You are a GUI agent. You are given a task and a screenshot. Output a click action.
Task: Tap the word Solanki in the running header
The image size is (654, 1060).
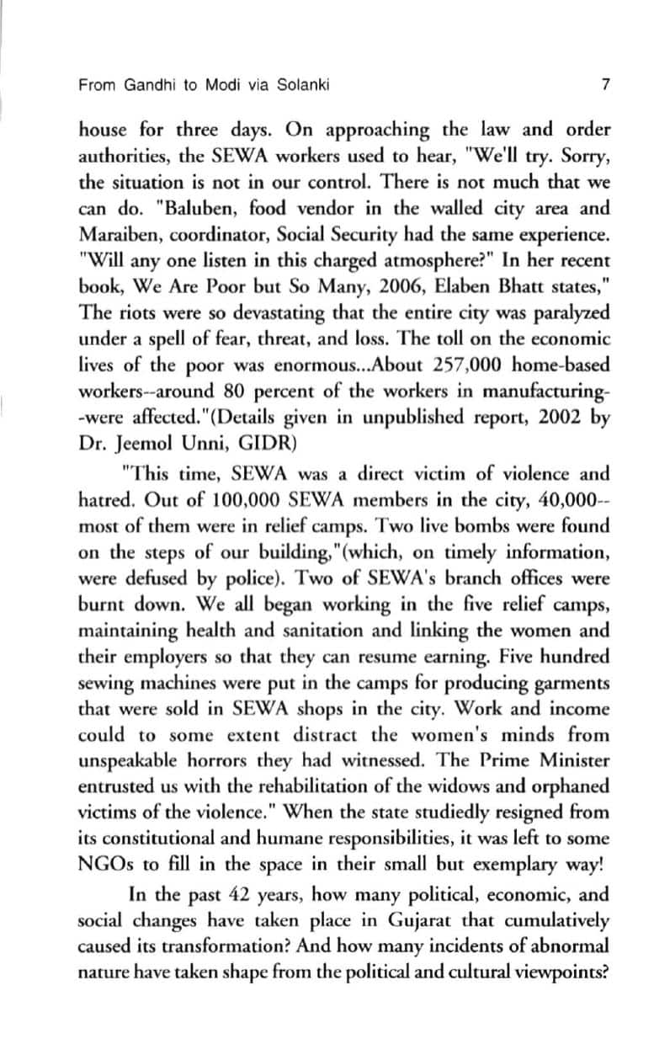(301, 85)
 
